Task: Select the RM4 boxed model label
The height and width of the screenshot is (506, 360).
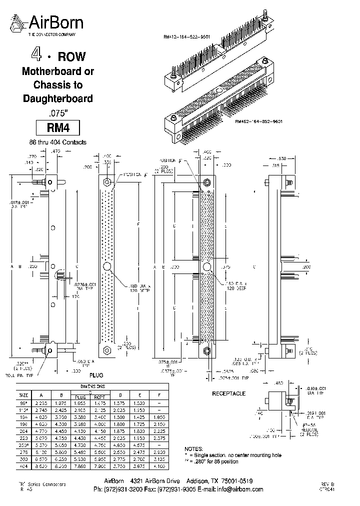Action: [57, 127]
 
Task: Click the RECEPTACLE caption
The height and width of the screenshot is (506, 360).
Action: [229, 393]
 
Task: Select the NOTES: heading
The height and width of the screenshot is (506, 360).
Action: [194, 449]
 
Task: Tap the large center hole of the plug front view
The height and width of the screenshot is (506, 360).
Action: [107, 267]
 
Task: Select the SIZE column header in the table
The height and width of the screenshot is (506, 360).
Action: [23, 393]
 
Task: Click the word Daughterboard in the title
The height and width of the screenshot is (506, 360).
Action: [58, 98]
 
